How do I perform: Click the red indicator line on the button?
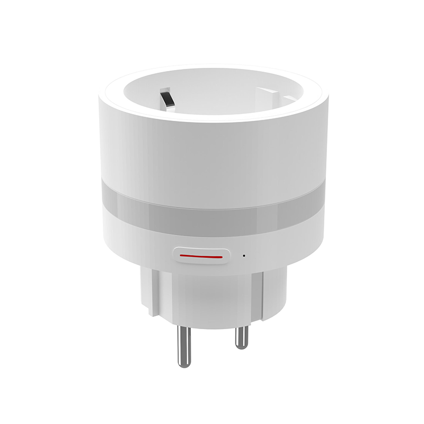click(x=201, y=257)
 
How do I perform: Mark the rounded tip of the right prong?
click(x=241, y=346)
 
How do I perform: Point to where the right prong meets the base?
click(x=241, y=324)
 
